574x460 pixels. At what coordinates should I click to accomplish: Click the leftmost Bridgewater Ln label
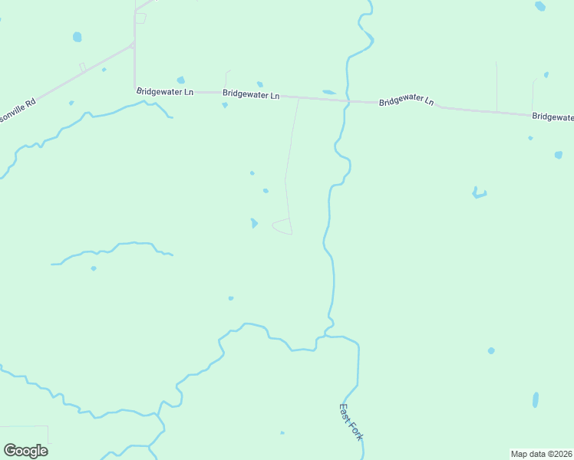[x=165, y=91]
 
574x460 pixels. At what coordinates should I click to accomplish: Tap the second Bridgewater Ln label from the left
[x=251, y=94]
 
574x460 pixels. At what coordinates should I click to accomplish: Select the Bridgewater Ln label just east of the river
[x=407, y=102]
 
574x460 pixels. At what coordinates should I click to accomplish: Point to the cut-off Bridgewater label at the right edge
[x=553, y=117]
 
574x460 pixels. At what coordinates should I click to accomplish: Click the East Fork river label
[x=351, y=421]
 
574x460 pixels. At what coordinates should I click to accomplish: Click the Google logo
[x=25, y=451]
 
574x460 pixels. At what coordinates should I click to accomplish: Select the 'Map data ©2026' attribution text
[x=542, y=454]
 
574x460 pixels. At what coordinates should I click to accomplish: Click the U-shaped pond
[x=480, y=193]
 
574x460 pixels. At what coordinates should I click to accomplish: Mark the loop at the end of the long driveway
[x=282, y=226]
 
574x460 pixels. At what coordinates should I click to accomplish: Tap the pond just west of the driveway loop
[x=254, y=223]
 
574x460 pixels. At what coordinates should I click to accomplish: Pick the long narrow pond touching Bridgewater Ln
[x=329, y=93]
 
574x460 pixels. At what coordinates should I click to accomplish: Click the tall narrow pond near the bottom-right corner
[x=535, y=399]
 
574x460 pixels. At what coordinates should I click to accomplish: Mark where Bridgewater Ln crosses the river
[x=348, y=100]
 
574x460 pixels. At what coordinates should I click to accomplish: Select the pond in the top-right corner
[x=540, y=6]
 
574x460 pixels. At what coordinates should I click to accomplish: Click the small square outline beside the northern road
[x=140, y=18]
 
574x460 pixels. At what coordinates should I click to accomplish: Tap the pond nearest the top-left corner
[x=77, y=37]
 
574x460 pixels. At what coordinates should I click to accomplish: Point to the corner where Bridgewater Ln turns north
[x=135, y=90]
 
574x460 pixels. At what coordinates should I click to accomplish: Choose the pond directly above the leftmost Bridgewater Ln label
[x=181, y=80]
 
